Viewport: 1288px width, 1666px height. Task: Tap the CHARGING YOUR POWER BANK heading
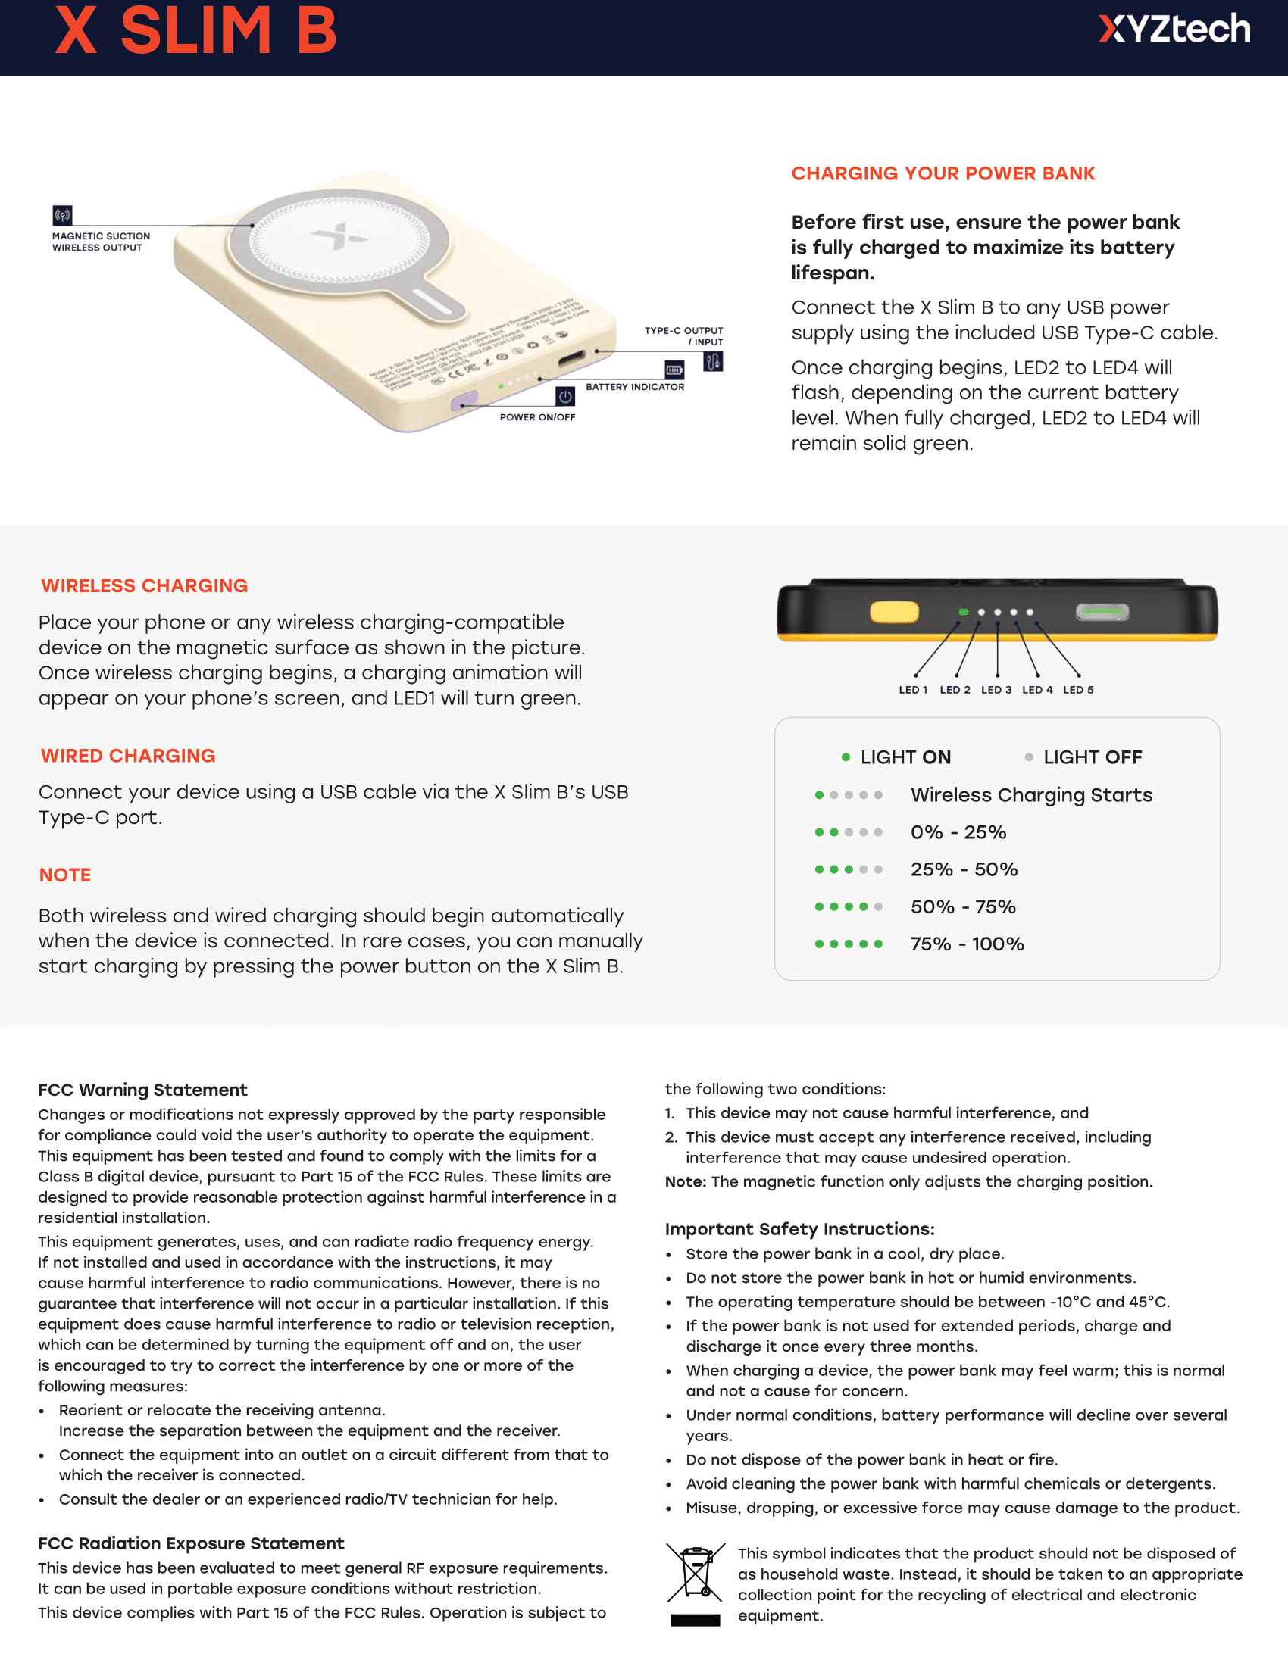[x=943, y=174]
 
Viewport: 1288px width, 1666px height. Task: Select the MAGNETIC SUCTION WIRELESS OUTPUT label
[x=101, y=242]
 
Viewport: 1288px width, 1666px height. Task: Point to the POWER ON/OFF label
[x=537, y=417]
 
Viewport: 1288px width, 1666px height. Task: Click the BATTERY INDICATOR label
[x=634, y=387]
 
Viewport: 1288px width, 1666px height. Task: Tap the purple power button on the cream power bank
[x=464, y=401]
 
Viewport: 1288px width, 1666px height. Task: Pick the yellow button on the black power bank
[x=893, y=612]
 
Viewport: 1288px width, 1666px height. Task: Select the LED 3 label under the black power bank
[x=996, y=690]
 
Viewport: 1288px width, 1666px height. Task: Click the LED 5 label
[x=1077, y=690]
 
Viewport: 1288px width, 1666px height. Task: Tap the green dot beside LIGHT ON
[x=846, y=757]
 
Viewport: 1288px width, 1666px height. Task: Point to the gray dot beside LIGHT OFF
[x=1029, y=757]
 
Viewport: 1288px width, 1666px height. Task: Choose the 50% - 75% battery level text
[x=962, y=907]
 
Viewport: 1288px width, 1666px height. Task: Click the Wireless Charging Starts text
[x=1031, y=795]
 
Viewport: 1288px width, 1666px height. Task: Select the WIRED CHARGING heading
[x=128, y=756]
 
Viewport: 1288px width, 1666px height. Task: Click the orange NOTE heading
[x=65, y=875]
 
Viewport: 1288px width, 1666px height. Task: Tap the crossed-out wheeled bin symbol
[x=695, y=1573]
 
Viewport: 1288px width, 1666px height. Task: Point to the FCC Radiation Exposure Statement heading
[x=191, y=1543]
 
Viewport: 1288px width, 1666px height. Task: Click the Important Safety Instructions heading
[x=799, y=1229]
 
